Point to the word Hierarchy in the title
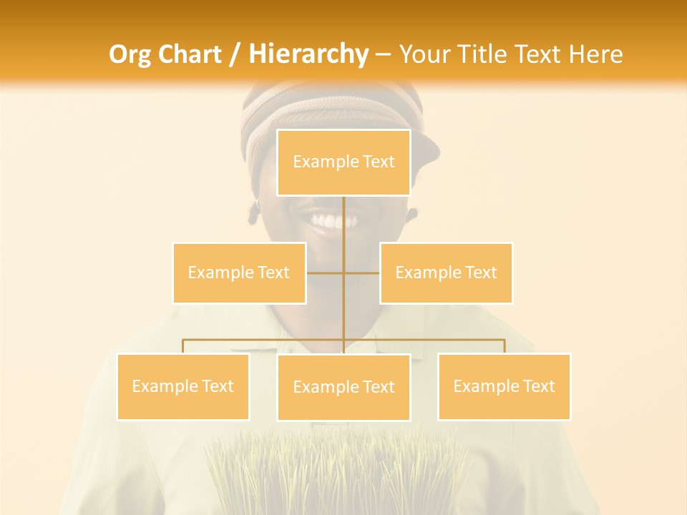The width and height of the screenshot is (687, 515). (308, 54)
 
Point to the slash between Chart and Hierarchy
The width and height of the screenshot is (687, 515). (234, 55)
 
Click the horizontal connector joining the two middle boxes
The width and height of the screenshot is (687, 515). (326, 273)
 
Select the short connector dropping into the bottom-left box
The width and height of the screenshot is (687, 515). (183, 347)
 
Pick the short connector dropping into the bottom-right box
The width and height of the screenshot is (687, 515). (504, 347)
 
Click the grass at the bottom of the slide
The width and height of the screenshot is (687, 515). (336, 472)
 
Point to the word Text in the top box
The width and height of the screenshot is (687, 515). (378, 162)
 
